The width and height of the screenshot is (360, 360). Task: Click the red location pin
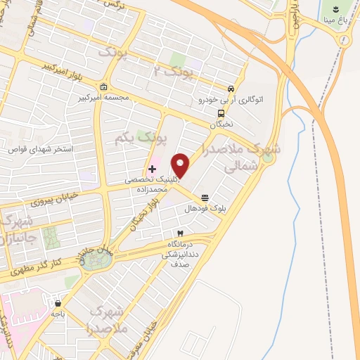click(181, 165)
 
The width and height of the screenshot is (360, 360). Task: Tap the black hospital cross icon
click(152, 169)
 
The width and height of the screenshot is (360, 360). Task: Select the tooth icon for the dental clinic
click(180, 233)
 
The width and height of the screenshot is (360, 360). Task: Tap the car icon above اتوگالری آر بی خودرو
click(231, 89)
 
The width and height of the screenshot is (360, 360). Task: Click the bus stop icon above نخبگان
click(221, 112)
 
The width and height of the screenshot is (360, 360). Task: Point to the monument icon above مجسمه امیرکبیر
click(104, 87)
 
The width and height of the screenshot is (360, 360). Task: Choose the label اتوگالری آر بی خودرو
click(231, 101)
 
